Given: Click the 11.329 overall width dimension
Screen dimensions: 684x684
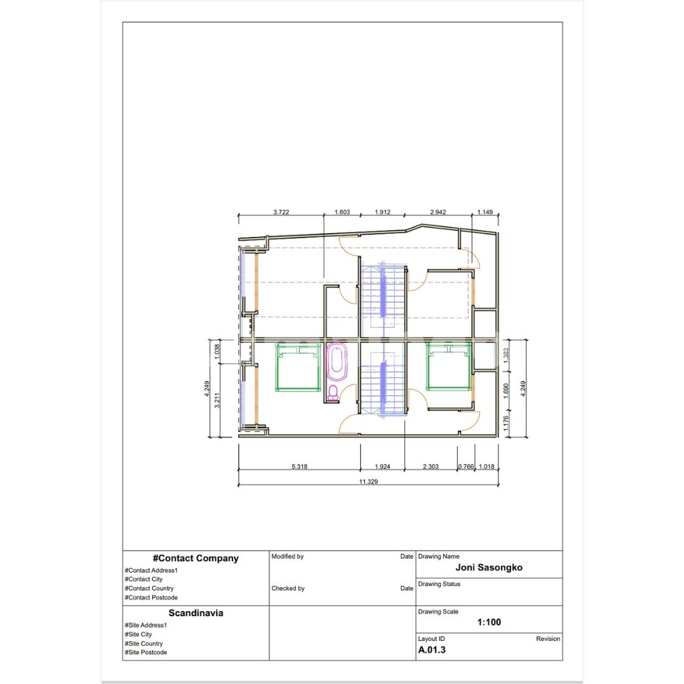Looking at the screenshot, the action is (368, 481).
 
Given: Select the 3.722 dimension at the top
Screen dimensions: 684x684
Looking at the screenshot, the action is (281, 212).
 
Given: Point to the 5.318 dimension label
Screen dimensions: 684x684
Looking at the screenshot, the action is (299, 466).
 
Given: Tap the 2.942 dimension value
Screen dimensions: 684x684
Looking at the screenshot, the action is (438, 212).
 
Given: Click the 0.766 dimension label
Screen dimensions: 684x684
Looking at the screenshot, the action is (465, 466).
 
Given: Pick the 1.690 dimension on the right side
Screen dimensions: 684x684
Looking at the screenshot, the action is (506, 391).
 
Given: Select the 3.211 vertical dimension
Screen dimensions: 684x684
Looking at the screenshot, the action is (217, 400).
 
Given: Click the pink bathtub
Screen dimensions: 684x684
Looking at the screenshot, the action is (337, 362).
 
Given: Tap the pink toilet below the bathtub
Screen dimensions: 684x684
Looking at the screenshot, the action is (333, 392).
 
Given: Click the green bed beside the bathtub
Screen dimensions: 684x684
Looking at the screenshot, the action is (298, 367).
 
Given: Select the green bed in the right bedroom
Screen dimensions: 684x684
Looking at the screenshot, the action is (449, 367).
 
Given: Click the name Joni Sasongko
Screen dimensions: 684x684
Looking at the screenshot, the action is (489, 567).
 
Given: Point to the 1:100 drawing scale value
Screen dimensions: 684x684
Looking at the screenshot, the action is (489, 623).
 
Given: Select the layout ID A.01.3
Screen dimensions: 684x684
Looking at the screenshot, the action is (432, 650).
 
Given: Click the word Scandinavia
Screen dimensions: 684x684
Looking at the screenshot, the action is (196, 613).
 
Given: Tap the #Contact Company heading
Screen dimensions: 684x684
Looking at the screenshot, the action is (196, 559).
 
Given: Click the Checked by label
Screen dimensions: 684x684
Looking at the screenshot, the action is (288, 588).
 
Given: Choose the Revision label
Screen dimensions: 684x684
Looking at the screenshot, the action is (548, 638).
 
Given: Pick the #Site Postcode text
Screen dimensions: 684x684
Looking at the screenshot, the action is (146, 652).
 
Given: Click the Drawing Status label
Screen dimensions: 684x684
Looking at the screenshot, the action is (440, 584).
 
